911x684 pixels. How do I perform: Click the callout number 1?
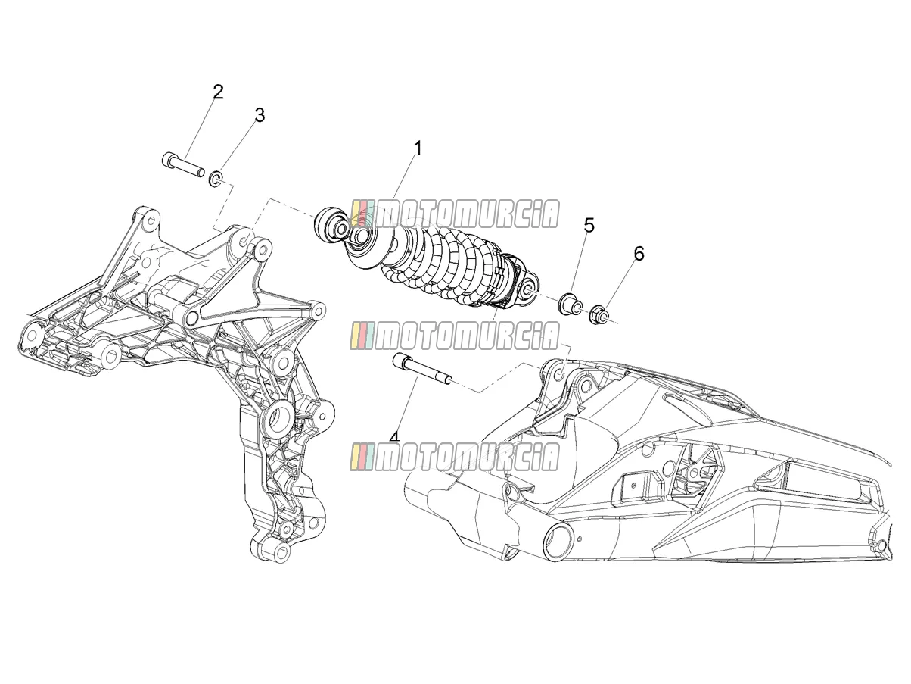[418, 148]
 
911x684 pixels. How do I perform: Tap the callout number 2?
[218, 92]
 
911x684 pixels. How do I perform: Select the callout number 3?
[260, 115]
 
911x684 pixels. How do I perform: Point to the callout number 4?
[394, 436]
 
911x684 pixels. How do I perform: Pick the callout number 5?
[589, 226]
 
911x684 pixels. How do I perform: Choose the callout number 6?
[639, 254]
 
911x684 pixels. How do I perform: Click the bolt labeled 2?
[182, 164]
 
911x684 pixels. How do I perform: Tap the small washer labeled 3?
[216, 179]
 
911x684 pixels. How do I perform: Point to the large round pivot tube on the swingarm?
[557, 542]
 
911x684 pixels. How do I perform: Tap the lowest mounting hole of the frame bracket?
[281, 552]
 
